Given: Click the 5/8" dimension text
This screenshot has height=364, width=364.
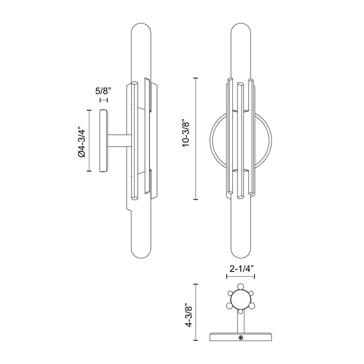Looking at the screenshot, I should pyautogui.click(x=103, y=89).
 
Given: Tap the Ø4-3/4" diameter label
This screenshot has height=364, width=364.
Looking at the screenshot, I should pyautogui.click(x=81, y=141).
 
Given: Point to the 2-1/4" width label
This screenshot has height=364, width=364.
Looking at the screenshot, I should pyautogui.click(x=242, y=269).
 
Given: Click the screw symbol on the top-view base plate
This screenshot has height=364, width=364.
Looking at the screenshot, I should pyautogui.click(x=241, y=338).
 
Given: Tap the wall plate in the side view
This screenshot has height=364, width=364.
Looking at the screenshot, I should pyautogui.click(x=103, y=141).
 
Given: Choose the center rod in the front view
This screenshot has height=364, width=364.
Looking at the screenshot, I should pyautogui.click(x=241, y=140).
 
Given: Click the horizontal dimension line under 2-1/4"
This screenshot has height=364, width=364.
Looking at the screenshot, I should pyautogui.click(x=241, y=277).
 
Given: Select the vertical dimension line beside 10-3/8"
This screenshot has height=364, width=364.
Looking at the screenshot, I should pyautogui.click(x=196, y=139).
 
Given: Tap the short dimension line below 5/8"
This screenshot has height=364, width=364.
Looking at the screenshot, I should pyautogui.click(x=103, y=98).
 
